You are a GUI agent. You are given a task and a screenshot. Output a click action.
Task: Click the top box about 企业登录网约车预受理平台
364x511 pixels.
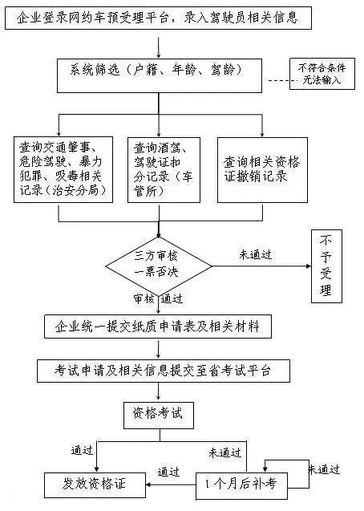(159, 18)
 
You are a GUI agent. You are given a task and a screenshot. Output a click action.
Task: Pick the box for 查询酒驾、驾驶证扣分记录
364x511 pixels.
(164, 170)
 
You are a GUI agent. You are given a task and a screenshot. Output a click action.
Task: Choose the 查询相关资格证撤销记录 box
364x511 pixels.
(262, 170)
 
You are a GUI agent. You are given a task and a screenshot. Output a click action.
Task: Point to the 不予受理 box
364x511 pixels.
(326, 266)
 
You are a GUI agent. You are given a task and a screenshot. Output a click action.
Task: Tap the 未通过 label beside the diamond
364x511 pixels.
(255, 254)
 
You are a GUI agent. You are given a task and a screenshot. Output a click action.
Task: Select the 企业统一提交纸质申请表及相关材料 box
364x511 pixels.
(158, 326)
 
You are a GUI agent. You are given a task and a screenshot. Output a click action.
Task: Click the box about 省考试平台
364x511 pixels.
(163, 371)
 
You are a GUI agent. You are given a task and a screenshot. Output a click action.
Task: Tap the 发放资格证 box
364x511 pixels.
(95, 484)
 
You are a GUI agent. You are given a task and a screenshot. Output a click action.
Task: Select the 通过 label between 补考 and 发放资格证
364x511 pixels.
(168, 472)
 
